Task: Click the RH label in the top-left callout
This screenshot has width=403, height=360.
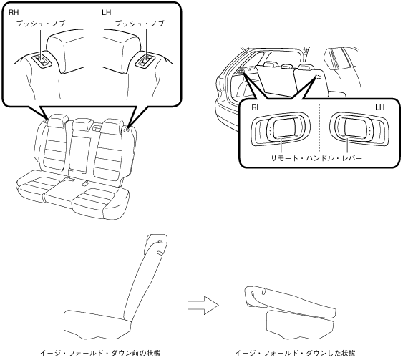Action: (x=14, y=13)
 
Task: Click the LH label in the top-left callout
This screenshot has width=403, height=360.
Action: (x=106, y=13)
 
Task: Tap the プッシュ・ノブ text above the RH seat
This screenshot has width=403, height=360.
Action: (x=41, y=24)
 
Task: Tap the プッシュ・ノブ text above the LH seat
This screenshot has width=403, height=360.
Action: (x=140, y=24)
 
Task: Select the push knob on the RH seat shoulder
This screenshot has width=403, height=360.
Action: (x=42, y=61)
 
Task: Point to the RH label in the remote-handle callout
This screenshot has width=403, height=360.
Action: (x=256, y=107)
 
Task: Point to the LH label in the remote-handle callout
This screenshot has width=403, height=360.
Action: (x=379, y=107)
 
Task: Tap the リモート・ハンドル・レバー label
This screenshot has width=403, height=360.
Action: (x=316, y=158)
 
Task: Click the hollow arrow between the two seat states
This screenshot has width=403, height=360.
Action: (x=203, y=305)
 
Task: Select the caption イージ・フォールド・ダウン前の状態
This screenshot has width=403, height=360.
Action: (x=100, y=353)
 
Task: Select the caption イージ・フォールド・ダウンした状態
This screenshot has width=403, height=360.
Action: (x=296, y=353)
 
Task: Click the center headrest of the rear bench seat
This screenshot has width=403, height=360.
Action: (x=82, y=124)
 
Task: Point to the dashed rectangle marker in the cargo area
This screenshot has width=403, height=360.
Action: (x=318, y=77)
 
